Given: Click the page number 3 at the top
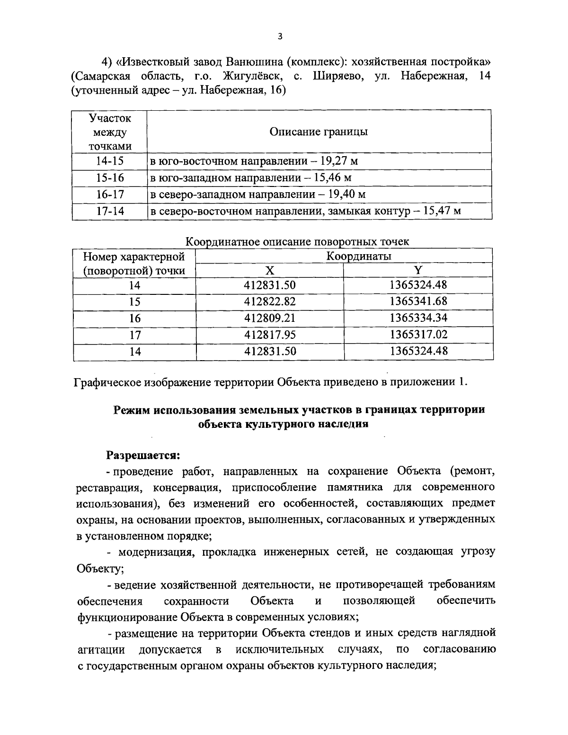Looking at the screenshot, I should (x=280, y=36).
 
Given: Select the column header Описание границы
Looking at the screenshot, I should (x=318, y=132).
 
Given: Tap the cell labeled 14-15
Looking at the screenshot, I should (x=109, y=161).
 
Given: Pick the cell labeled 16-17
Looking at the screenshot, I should (x=109, y=195).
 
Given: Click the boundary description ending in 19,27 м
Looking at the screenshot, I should (x=254, y=161).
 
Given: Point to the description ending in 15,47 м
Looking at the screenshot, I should (x=305, y=211).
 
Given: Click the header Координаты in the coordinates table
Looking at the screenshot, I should (x=359, y=256).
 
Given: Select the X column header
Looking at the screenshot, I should (x=269, y=271).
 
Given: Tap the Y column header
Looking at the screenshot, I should (x=418, y=271).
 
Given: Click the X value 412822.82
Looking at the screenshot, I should (x=270, y=301).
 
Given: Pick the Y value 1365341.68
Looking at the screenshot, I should (x=418, y=301).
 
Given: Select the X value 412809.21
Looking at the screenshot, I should (x=270, y=318).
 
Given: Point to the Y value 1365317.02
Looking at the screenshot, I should (x=418, y=335).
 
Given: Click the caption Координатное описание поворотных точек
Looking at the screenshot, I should (x=297, y=242).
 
